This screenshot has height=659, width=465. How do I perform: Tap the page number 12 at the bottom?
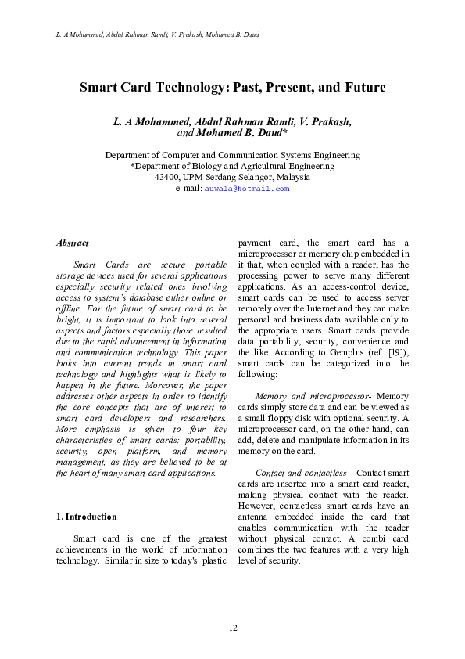[232, 628]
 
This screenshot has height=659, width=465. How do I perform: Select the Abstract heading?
[73, 243]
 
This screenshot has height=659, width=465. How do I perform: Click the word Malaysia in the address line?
[291, 177]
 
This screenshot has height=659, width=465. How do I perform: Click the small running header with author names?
[159, 35]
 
